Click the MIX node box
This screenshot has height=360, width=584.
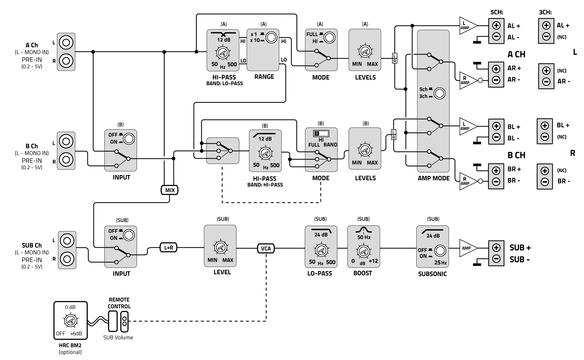170,190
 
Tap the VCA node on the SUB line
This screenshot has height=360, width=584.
266,248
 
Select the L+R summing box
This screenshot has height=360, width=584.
168,247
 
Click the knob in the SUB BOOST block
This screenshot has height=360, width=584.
363,250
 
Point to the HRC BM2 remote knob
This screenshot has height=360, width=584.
70,321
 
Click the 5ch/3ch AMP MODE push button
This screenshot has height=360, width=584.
439,94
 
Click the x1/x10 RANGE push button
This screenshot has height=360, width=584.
271,37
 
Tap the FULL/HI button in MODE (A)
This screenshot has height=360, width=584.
330,37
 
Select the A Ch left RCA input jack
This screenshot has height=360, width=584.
66,43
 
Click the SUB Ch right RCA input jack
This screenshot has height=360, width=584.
67,259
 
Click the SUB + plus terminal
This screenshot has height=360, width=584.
496,248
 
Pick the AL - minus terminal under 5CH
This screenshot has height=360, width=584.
496,37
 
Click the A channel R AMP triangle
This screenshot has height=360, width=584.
467,80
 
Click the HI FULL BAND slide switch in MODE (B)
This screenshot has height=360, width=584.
321,134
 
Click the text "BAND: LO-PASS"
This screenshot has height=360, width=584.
224,84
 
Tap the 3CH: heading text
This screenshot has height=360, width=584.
545,12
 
